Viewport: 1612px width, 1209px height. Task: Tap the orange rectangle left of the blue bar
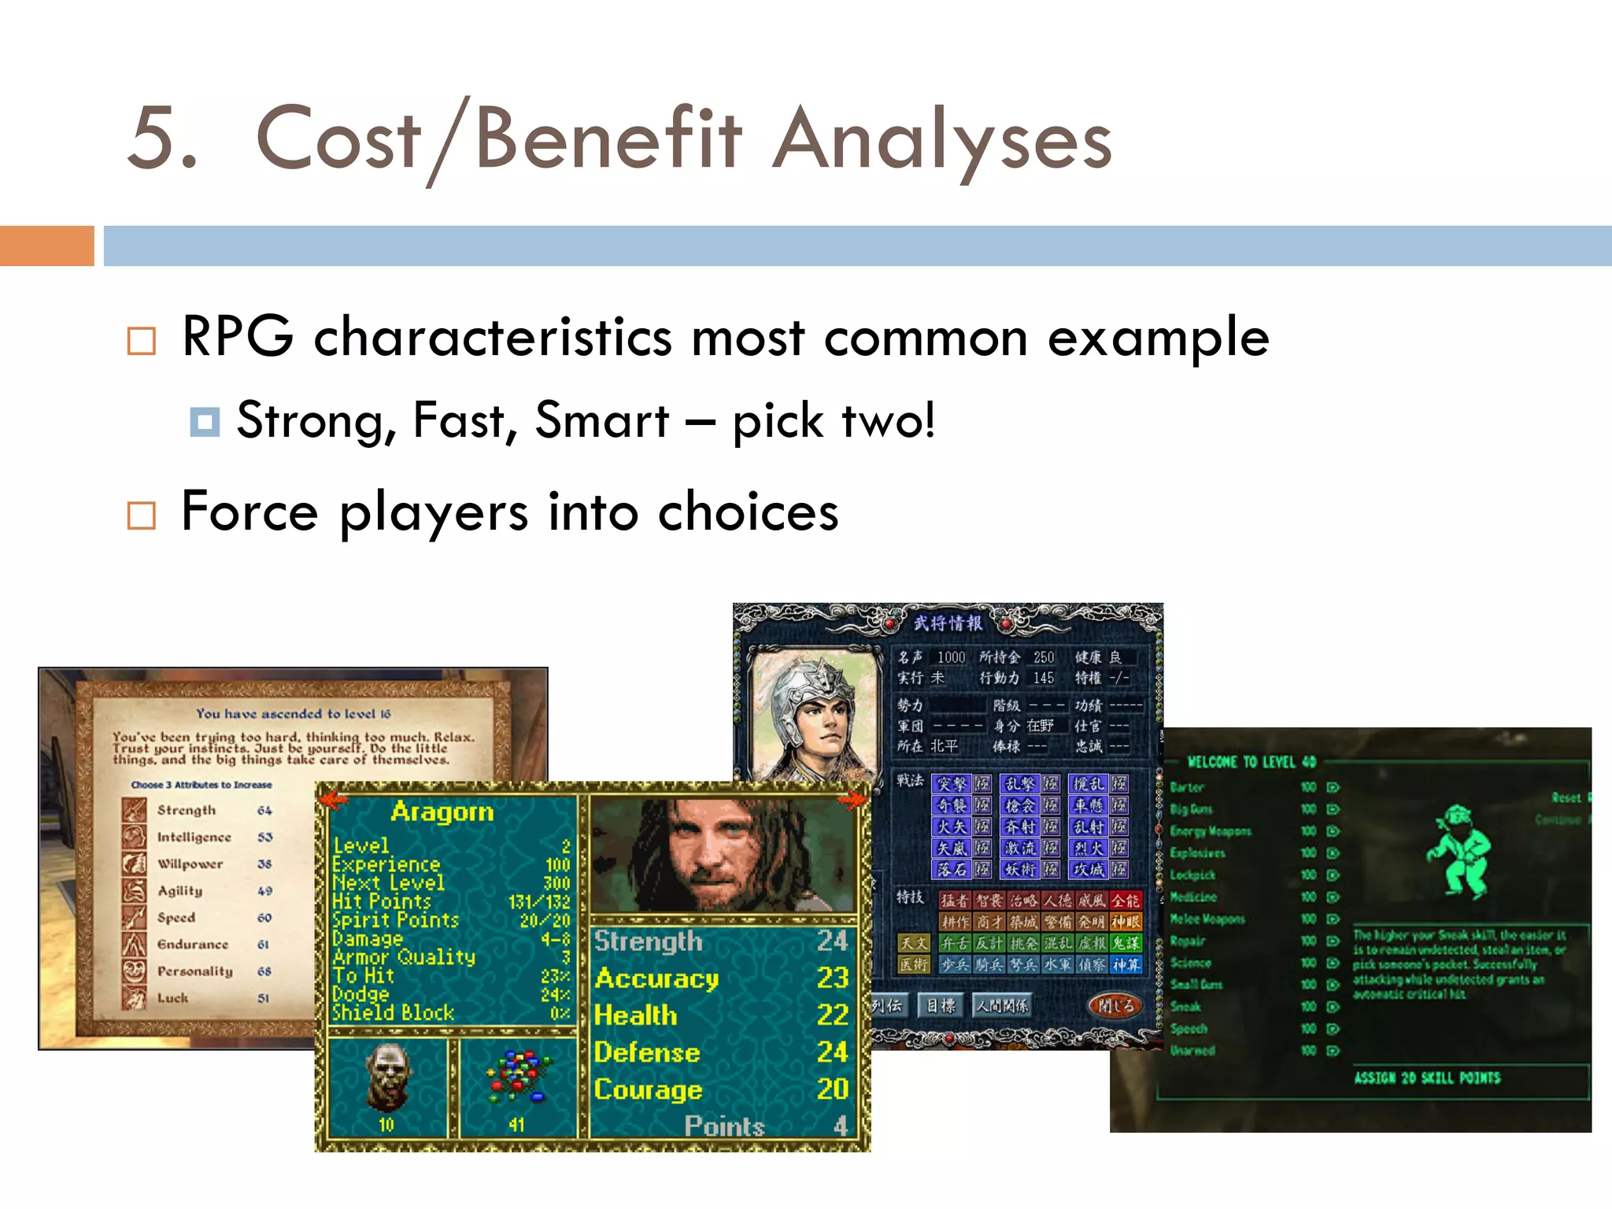(x=46, y=246)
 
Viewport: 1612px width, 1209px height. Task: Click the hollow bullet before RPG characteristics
(x=142, y=341)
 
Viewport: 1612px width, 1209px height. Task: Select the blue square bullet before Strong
(x=205, y=422)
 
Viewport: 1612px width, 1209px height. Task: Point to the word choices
(x=748, y=512)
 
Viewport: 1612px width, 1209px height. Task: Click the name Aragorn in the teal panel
(x=442, y=812)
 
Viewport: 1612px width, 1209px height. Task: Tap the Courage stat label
(x=648, y=1089)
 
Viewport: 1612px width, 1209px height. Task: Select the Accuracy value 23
(x=832, y=978)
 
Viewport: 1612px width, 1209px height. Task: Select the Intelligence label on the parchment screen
(x=194, y=837)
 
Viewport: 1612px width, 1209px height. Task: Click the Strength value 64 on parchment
(x=264, y=810)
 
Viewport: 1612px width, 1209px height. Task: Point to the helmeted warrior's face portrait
(x=815, y=712)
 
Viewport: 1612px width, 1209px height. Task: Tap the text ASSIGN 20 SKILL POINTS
(x=1427, y=1078)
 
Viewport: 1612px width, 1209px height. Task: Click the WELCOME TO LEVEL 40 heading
(x=1251, y=762)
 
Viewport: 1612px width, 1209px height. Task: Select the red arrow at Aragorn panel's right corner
(x=852, y=800)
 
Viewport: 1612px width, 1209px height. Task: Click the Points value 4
(x=840, y=1126)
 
